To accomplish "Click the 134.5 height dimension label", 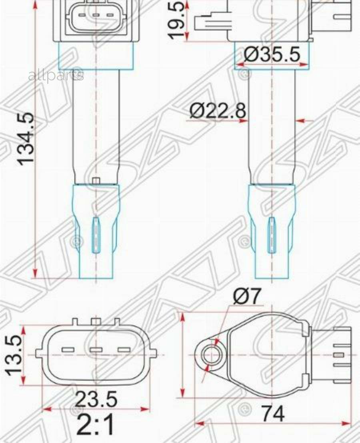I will [x=27, y=139].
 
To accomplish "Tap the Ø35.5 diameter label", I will [x=272, y=55].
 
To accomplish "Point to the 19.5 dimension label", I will [x=178, y=20].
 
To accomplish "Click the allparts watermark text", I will [x=56, y=75].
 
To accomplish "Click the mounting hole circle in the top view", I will [x=212, y=355].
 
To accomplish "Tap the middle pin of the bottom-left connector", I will [x=96, y=350].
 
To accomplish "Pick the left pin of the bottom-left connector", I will [x=68, y=350].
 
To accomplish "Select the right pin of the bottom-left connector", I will [x=124, y=350].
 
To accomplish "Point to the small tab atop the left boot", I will [x=96, y=181].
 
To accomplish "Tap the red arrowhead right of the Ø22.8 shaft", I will [x=301, y=120].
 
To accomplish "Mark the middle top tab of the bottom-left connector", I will [x=96, y=321].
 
